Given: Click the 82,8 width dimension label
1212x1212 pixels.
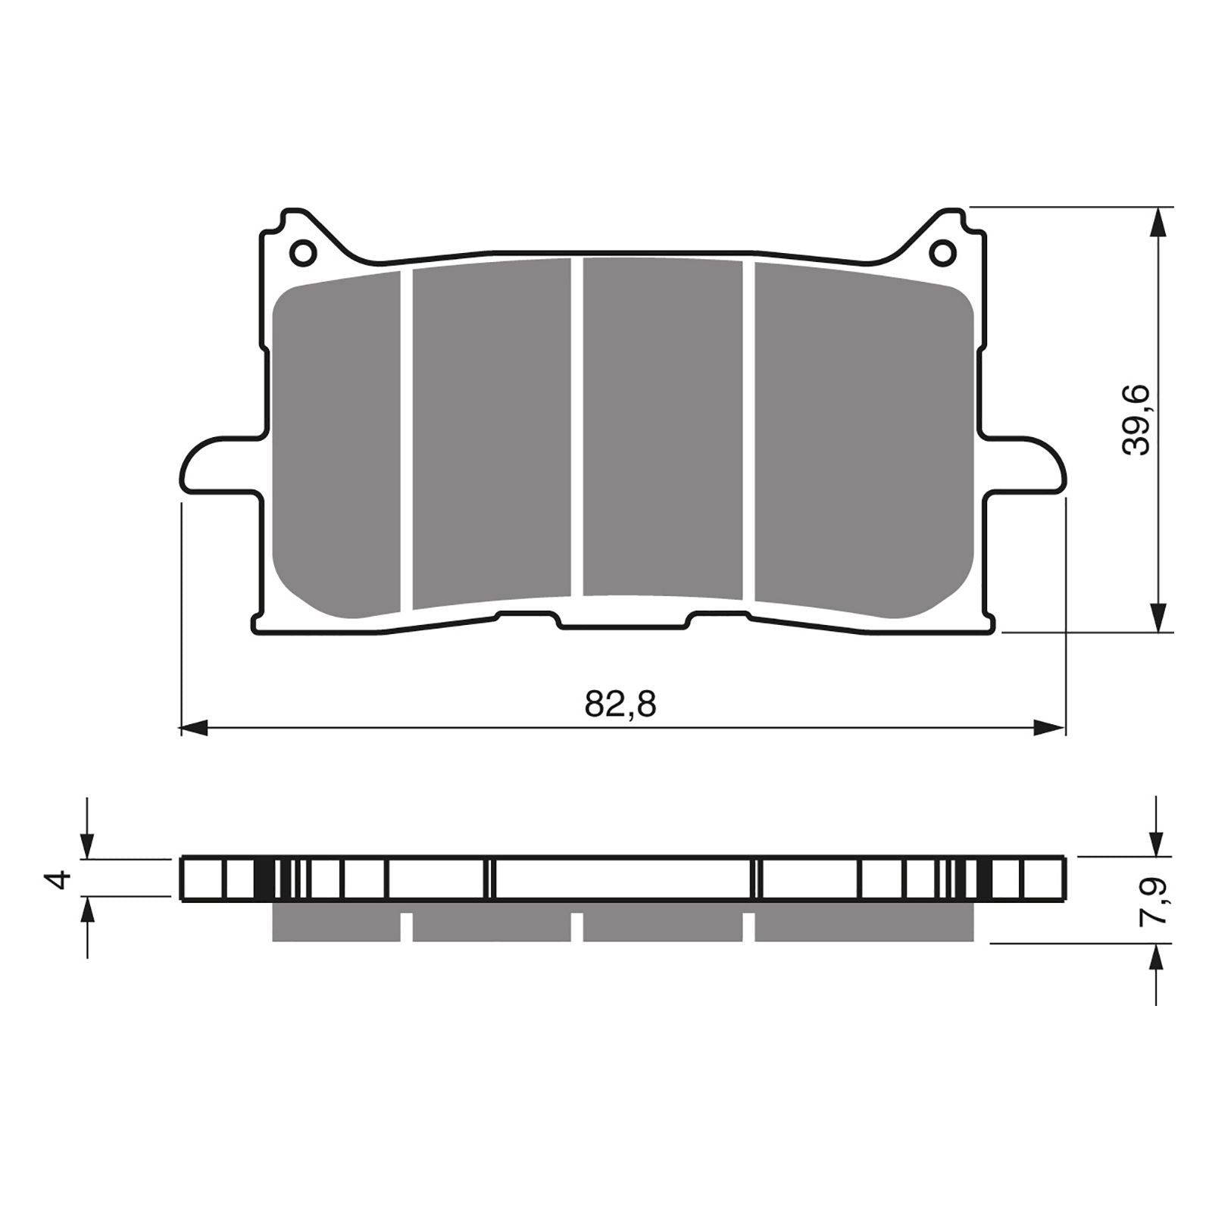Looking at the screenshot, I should (x=620, y=705).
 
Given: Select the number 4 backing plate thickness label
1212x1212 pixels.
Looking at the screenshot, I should (x=59, y=879).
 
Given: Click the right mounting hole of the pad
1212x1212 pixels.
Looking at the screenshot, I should (x=942, y=251).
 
